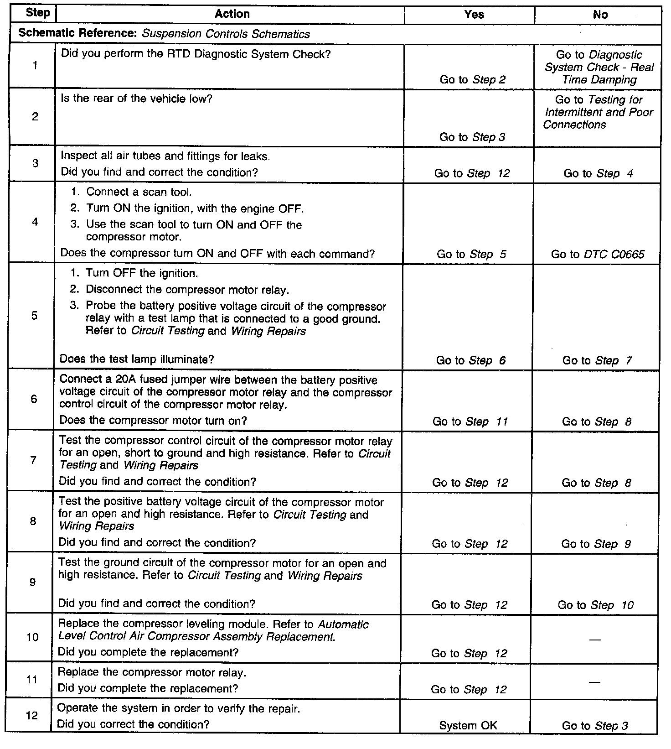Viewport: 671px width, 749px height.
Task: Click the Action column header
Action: coord(232,14)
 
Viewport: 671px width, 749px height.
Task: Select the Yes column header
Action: coord(474,15)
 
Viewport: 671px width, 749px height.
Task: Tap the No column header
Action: coord(600,15)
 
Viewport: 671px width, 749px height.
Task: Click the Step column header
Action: coord(37,13)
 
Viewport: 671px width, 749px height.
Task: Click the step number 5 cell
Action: coord(34,316)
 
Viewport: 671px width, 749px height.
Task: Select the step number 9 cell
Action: coord(33,583)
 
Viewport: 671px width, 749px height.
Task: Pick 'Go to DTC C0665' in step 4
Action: coord(598,254)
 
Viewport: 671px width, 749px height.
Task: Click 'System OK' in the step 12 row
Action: coord(468,725)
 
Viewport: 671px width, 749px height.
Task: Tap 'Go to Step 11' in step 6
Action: coord(470,421)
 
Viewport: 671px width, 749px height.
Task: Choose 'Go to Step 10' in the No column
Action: coord(595,605)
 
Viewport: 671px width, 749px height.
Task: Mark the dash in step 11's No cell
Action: coord(594,682)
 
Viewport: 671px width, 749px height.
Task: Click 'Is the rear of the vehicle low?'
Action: coord(136,99)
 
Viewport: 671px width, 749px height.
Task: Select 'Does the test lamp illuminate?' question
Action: coord(137,359)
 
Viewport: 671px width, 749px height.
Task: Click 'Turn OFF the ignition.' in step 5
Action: coord(142,273)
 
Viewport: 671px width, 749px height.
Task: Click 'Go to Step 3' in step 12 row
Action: coord(594,726)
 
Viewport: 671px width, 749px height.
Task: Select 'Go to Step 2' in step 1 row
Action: coord(472,80)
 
